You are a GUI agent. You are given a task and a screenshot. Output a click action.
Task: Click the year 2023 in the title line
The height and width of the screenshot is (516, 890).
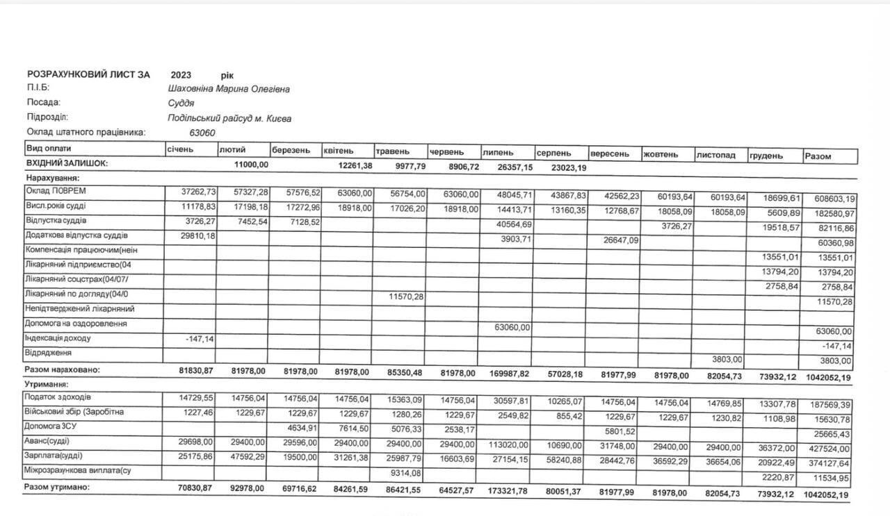(x=181, y=75)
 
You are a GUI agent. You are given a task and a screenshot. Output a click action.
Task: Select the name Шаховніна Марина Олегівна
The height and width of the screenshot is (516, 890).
(x=229, y=89)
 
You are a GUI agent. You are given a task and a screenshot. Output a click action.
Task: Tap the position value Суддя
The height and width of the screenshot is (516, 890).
(x=181, y=103)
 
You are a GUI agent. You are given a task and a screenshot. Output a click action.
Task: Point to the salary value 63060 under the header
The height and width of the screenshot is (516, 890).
(x=202, y=132)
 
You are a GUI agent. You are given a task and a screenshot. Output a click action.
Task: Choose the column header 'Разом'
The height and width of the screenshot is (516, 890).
(x=818, y=156)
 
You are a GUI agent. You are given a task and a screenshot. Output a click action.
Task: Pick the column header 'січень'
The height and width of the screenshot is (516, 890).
(x=180, y=149)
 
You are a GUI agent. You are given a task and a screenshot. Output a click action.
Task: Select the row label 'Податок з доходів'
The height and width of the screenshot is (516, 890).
(x=58, y=397)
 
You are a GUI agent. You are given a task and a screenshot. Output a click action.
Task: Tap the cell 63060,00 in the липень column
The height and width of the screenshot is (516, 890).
(x=512, y=327)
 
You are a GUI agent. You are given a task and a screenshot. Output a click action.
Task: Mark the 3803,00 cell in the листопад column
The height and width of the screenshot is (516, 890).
(x=727, y=359)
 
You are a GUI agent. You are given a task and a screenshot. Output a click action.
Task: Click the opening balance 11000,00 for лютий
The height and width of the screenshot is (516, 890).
(x=250, y=165)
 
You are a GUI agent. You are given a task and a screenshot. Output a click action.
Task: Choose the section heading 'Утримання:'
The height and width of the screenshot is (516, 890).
(x=47, y=383)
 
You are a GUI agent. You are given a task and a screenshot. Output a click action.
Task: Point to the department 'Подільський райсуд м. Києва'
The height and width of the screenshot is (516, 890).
(x=229, y=118)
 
